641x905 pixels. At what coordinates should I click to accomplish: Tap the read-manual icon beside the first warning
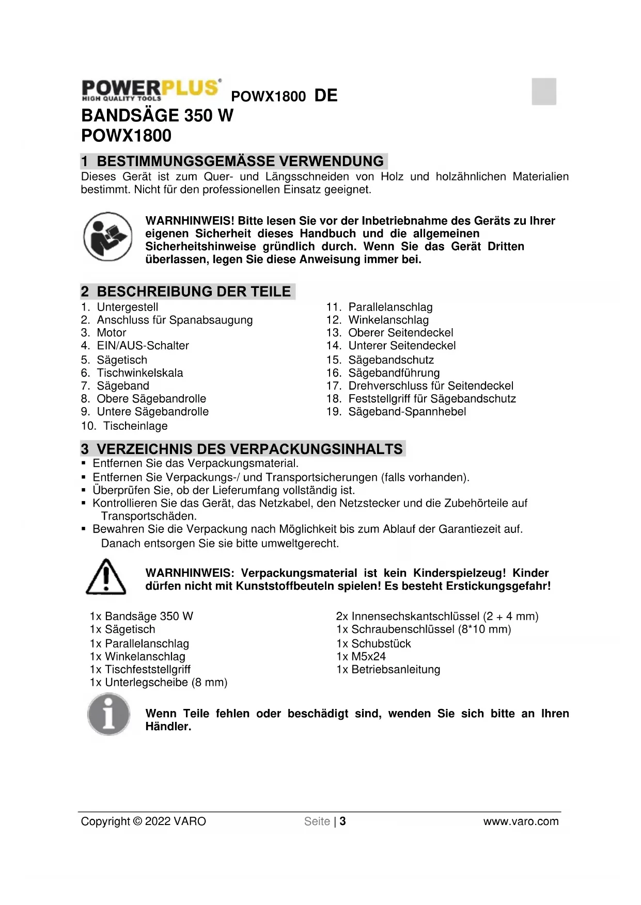108,236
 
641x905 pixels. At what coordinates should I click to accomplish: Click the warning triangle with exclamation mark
106,577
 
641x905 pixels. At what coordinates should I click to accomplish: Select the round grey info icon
108,715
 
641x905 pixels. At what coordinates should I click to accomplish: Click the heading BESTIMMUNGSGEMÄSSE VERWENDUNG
240,161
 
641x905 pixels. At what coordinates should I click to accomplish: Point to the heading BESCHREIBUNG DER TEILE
193,292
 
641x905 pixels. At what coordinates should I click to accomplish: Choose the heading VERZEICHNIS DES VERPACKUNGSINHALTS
249,449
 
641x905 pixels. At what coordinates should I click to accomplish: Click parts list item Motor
111,333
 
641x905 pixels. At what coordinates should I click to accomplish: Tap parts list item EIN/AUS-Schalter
143,346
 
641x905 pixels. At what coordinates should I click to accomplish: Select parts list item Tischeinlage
135,426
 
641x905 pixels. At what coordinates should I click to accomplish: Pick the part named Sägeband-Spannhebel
407,412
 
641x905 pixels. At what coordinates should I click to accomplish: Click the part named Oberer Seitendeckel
400,333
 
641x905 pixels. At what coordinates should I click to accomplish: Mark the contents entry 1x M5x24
361,657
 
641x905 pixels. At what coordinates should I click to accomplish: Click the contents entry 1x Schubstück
373,644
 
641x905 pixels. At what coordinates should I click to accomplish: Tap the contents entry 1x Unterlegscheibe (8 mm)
159,683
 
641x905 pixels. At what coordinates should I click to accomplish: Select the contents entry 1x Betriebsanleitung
388,670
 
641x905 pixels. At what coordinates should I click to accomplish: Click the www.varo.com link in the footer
521,821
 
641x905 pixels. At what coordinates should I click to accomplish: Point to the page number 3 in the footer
342,821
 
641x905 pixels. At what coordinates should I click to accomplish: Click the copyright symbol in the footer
137,821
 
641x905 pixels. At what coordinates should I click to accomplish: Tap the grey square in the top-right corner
544,91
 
